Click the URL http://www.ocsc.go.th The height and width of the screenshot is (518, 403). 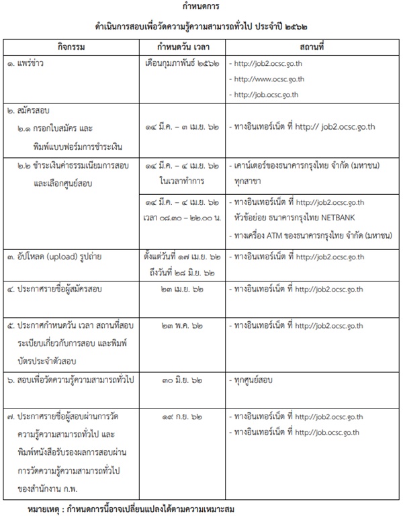266,79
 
